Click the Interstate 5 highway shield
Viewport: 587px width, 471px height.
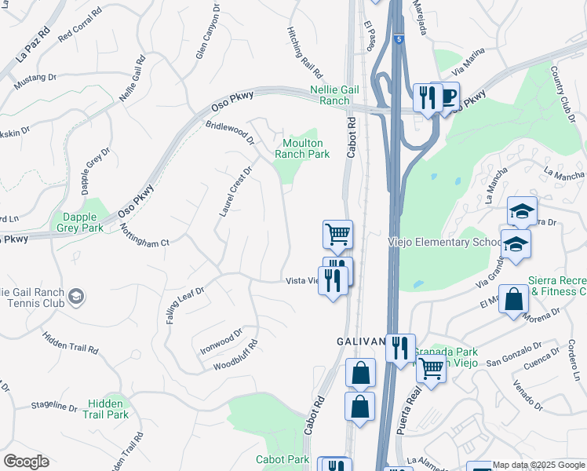[399, 38]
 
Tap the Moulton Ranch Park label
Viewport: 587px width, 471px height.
[302, 148]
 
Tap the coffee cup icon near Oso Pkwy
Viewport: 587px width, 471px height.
[448, 97]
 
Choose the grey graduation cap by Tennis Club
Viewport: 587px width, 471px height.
[76, 296]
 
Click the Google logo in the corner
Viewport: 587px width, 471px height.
[26, 462]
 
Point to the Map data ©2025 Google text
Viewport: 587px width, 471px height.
[538, 465]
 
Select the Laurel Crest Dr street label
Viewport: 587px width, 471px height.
[235, 192]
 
